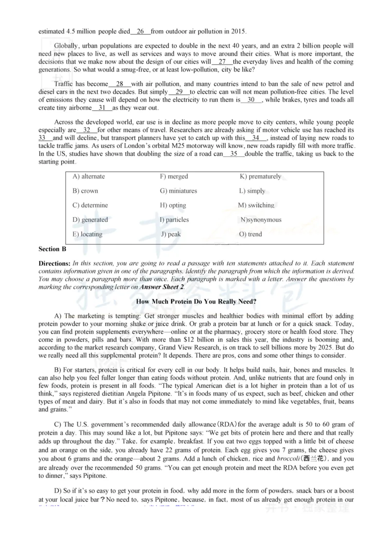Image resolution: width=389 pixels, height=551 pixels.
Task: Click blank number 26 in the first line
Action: [x=141, y=32]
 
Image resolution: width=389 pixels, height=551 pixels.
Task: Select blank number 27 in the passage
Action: [x=222, y=62]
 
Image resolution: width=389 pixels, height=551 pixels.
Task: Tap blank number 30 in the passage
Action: [x=251, y=100]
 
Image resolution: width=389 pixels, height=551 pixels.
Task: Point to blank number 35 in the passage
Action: [x=234, y=154]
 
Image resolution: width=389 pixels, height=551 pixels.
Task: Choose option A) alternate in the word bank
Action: [x=88, y=176]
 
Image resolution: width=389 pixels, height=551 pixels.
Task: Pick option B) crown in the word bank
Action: [x=85, y=191]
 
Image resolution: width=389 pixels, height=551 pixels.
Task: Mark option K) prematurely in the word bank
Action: [x=260, y=176]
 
